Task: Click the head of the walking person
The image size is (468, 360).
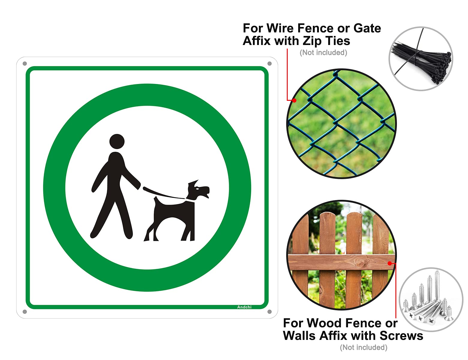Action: (117, 141)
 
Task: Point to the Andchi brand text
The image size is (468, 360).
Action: (244, 307)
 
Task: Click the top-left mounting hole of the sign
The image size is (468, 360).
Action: (25, 64)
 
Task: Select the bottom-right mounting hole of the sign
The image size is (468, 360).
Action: (269, 312)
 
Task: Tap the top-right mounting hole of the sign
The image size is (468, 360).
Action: (269, 64)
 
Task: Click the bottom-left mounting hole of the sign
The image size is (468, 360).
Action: (25, 312)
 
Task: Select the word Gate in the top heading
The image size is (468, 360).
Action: (367, 28)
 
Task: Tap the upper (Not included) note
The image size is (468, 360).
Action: (323, 52)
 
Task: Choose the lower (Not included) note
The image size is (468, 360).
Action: (363, 347)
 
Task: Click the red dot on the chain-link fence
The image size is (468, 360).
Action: (294, 100)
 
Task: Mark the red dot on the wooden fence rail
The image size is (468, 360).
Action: (389, 263)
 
